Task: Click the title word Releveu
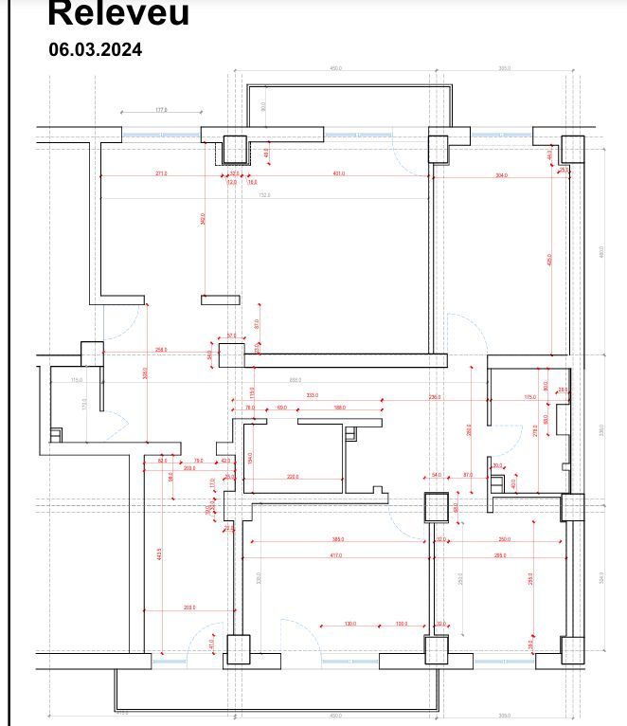(118, 13)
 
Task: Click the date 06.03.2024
(96, 50)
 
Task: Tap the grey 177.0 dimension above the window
(161, 110)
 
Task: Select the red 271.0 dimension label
(162, 173)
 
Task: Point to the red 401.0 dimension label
(338, 173)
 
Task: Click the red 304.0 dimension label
(501, 175)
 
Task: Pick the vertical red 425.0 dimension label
(549, 259)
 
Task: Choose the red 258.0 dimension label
(161, 350)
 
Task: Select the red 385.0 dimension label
(338, 539)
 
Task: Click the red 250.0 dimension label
(504, 539)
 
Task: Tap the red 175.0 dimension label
(530, 397)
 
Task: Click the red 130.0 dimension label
(350, 624)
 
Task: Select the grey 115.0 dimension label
(77, 380)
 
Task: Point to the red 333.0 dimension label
(312, 395)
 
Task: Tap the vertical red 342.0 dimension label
(203, 219)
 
